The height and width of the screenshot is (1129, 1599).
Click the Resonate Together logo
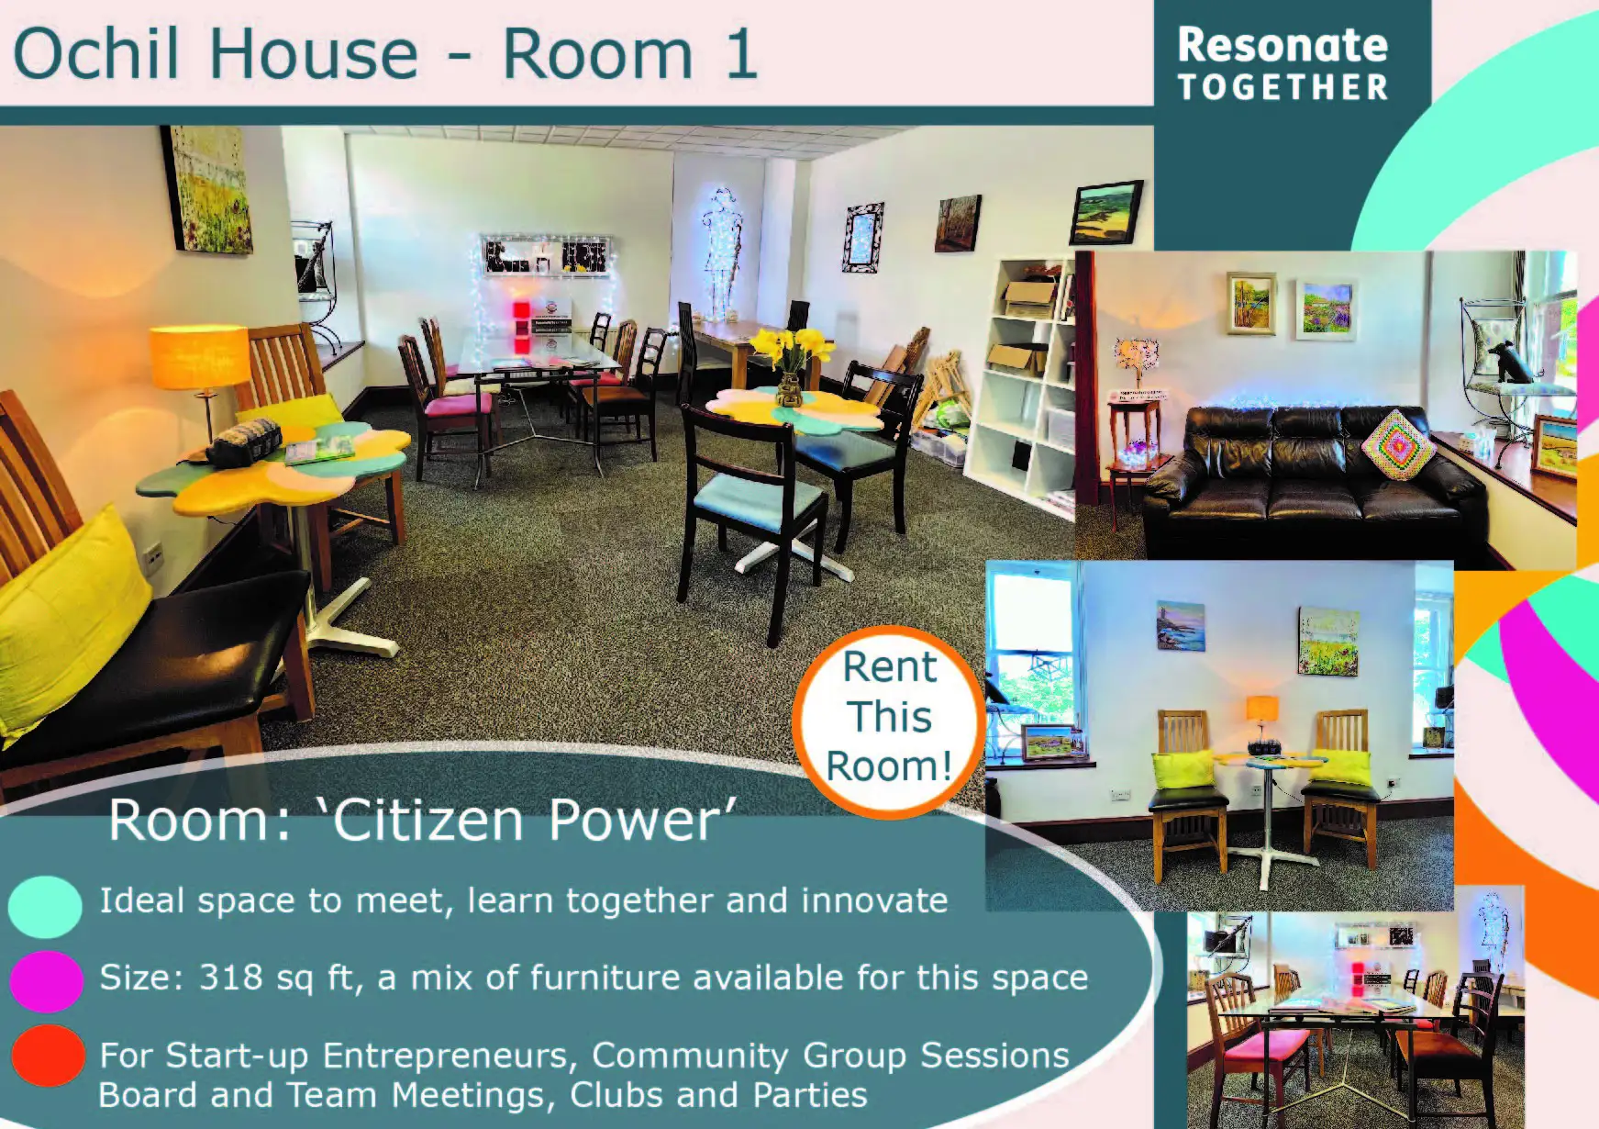point(1283,63)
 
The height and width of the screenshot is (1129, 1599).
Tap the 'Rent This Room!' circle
point(888,717)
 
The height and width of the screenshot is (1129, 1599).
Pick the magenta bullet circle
point(46,979)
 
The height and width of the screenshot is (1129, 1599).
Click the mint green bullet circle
point(45,905)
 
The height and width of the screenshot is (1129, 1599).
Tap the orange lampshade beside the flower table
point(199,356)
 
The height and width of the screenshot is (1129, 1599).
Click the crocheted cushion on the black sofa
point(1396,444)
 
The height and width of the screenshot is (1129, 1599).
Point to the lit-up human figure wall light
point(722,248)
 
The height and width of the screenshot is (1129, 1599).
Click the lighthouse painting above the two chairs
point(1180,625)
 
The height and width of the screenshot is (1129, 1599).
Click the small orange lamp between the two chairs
point(1262,712)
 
